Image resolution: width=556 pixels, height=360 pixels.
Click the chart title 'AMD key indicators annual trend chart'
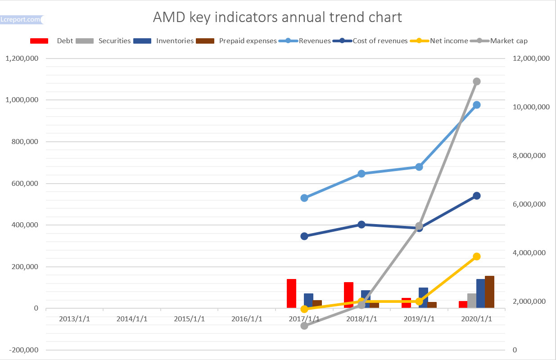[277, 17]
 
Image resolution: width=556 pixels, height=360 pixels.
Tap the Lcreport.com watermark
[21, 20]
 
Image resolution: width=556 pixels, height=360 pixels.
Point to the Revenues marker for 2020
[477, 105]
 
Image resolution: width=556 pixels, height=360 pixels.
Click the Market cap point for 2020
[477, 81]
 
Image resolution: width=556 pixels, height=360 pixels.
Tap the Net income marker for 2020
[477, 256]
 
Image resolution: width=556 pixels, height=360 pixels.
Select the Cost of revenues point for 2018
[362, 225]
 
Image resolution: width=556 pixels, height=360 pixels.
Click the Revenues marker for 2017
[304, 198]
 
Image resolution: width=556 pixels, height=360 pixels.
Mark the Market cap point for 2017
[304, 326]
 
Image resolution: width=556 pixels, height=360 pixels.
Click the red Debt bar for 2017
[291, 293]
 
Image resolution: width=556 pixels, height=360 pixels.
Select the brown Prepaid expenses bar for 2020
[489, 292]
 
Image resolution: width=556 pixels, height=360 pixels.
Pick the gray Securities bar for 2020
[472, 301]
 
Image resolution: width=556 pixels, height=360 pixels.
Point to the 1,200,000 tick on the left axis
[22, 58]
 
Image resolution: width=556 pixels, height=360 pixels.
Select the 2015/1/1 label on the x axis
[189, 319]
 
